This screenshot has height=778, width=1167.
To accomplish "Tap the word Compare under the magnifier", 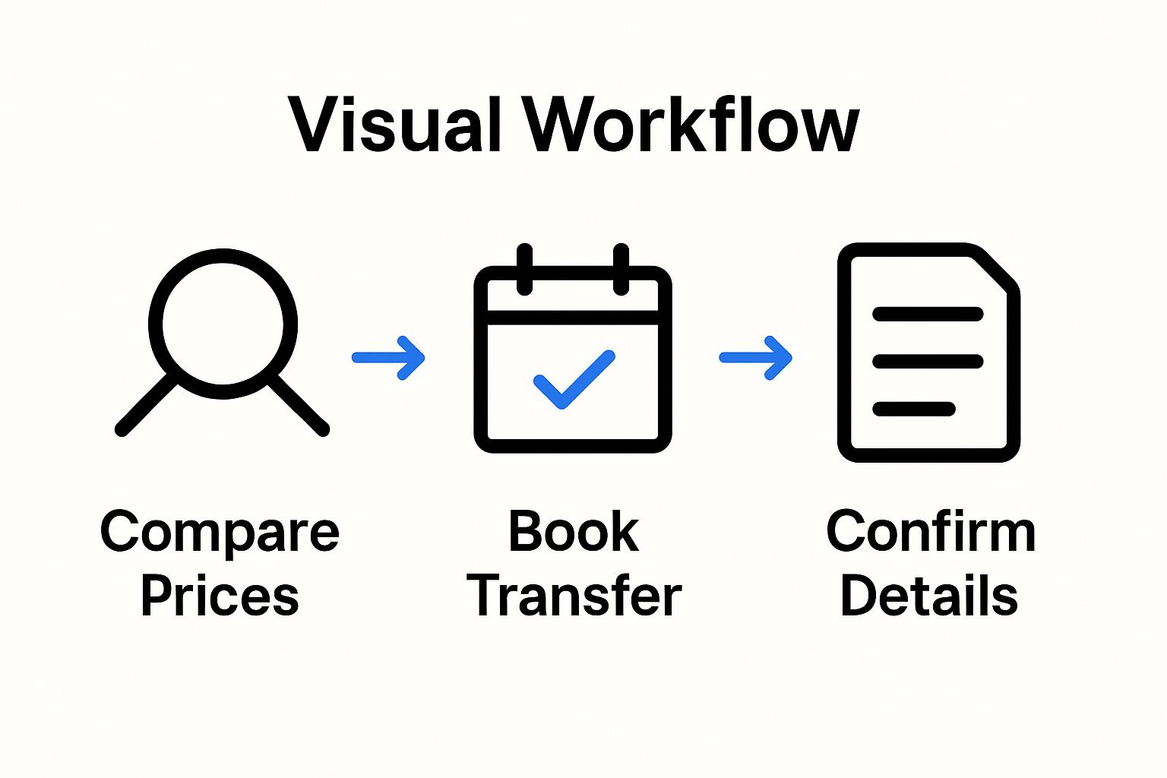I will coord(220,533).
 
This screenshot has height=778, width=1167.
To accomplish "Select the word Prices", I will coord(220,596).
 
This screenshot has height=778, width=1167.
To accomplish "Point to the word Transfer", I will coord(574,596).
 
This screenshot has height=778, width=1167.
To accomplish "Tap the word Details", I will coord(928,596).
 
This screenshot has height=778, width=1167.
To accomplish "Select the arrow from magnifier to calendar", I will coord(388,357).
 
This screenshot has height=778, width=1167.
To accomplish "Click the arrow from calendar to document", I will coord(755,357).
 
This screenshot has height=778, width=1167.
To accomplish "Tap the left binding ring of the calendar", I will coord(524,269).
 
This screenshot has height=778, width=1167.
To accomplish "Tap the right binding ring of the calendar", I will coord(621,269).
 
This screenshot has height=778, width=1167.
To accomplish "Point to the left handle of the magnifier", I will coord(146,405).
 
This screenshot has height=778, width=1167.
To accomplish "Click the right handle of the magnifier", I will coord(299,405).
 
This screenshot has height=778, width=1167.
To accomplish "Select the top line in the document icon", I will coord(928,314).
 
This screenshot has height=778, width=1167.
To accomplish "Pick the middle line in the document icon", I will coord(928,361).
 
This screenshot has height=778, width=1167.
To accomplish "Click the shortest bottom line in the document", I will coord(913,409).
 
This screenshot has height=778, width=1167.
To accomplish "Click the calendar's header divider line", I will coord(573,318).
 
